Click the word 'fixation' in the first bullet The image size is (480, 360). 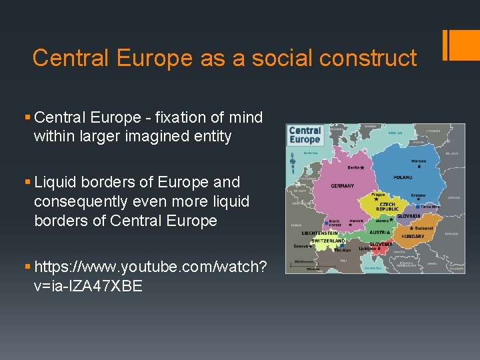click(184, 118)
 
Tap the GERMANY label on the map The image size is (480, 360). click(343, 186)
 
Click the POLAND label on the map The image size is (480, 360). click(403, 177)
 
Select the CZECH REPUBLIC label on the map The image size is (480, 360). click(387, 207)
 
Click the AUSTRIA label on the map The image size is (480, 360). click(380, 233)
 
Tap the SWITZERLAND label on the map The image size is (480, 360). click(327, 241)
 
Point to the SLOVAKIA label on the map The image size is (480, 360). click(408, 216)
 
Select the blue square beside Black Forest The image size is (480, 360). click(325, 222)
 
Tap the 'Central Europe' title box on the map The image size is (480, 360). click(305, 135)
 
